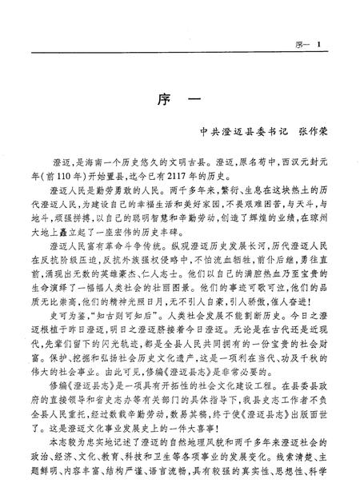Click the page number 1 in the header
(x=318, y=22)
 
